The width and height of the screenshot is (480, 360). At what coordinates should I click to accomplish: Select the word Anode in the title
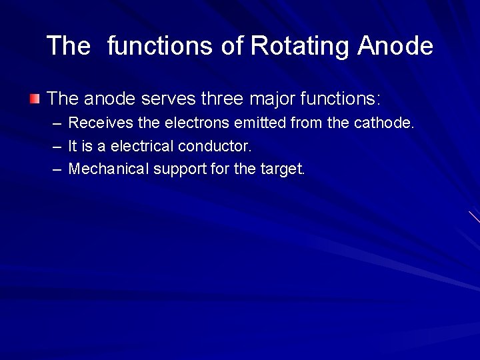click(x=395, y=47)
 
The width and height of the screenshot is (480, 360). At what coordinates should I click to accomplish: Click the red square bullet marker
click(x=35, y=99)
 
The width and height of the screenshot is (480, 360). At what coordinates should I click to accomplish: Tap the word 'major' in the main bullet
click(x=273, y=99)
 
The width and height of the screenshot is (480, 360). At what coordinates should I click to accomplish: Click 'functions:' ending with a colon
click(x=340, y=99)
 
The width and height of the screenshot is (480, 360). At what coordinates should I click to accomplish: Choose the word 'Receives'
click(x=93, y=123)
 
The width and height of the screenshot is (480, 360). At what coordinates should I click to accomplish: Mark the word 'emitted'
click(x=258, y=123)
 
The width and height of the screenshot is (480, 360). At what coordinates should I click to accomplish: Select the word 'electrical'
click(x=143, y=146)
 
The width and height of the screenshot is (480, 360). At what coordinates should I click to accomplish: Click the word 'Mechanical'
click(x=109, y=169)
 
